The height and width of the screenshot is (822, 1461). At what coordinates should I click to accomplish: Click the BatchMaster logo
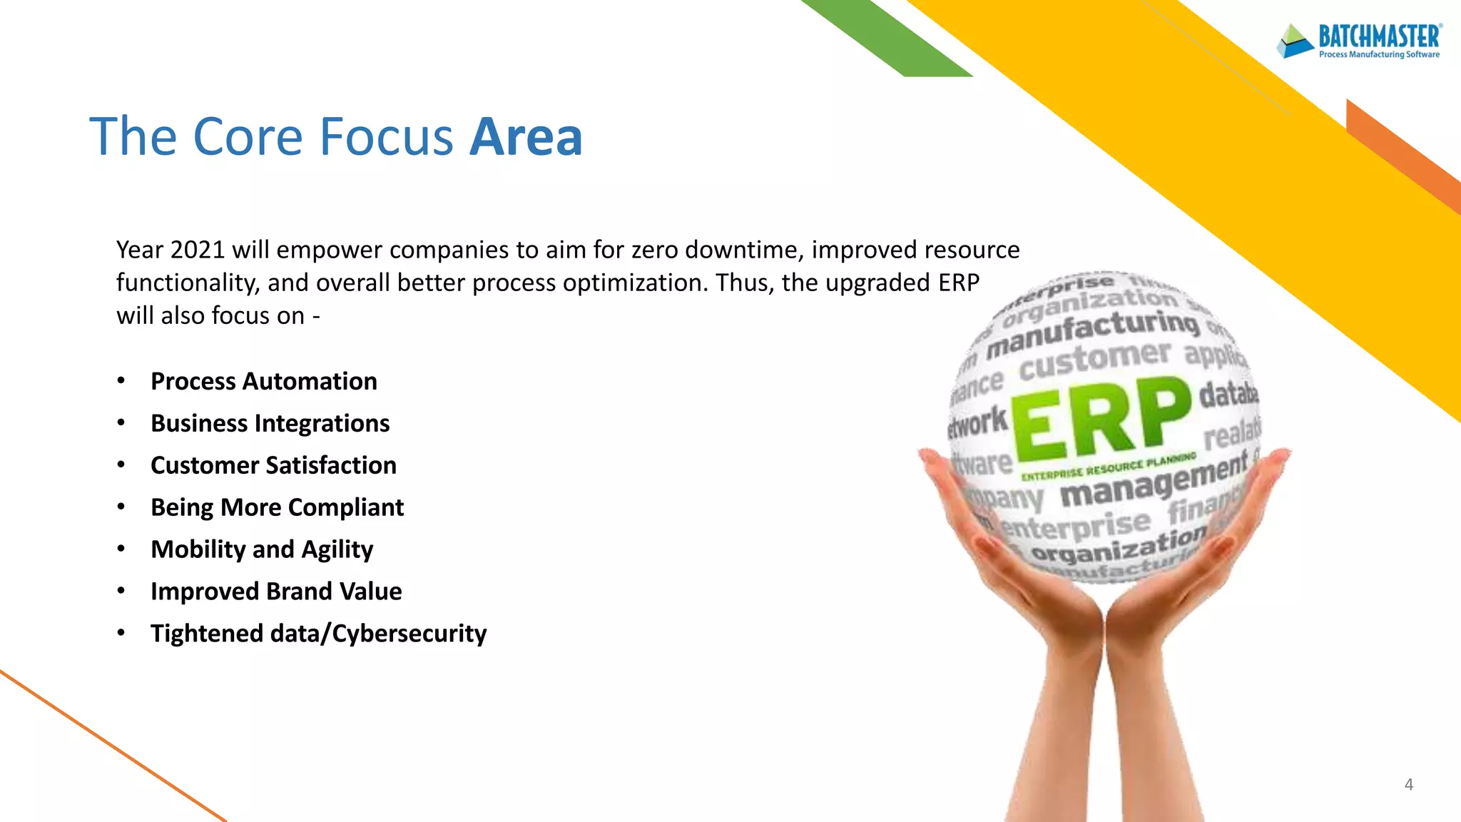1360,41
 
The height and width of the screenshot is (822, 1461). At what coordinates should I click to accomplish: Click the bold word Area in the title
526,136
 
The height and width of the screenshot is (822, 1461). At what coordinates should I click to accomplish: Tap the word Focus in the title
386,136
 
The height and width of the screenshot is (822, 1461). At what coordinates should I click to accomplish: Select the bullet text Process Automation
263,381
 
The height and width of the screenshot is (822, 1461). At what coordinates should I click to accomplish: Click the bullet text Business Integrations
270,423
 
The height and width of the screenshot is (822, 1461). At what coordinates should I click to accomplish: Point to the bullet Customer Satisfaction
273,465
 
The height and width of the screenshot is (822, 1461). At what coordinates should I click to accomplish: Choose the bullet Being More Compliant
277,507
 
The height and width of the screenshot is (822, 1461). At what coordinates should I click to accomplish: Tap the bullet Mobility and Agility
262,549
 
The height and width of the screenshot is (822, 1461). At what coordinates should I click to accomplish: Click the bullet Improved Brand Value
276,592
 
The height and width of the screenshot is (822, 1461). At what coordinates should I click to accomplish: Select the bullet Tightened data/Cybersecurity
318,634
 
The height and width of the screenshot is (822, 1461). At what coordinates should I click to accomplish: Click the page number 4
1408,784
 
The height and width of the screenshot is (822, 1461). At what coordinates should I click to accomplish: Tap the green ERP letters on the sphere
1101,419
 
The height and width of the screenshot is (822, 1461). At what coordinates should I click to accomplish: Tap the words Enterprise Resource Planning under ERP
1108,468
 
